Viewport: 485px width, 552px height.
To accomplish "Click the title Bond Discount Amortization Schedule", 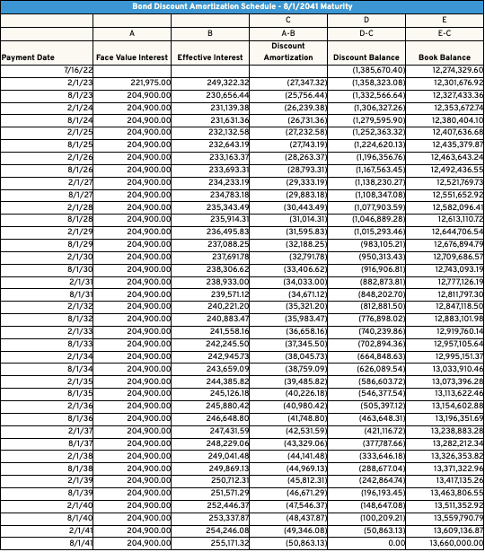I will [242, 7].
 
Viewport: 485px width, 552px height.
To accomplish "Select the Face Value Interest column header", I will [132, 57].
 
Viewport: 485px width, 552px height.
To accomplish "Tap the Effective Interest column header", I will [209, 57].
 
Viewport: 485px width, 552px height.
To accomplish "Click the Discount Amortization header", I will [288, 51].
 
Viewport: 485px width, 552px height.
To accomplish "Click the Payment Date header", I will [28, 57].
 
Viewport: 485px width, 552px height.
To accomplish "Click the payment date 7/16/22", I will [79, 70].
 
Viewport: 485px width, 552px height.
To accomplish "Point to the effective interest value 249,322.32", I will [225, 83].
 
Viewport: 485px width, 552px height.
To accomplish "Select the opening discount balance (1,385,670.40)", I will [378, 70].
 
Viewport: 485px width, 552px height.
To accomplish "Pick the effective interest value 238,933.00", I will [225, 280].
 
